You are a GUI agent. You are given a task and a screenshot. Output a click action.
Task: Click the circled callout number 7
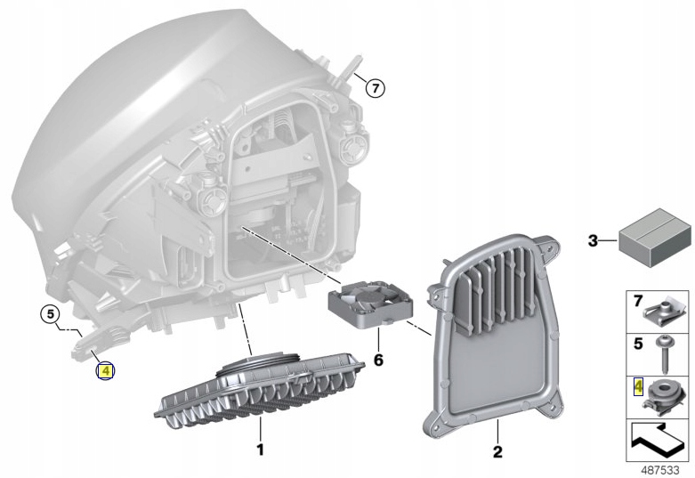point(375,87)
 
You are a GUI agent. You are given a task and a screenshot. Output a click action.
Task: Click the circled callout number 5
point(50,313)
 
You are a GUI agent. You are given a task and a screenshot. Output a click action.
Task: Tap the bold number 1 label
point(260,450)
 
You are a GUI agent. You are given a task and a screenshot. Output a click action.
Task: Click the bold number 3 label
point(594,239)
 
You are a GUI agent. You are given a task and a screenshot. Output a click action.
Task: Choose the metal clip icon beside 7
point(663,312)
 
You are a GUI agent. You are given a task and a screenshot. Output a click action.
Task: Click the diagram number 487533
point(659,467)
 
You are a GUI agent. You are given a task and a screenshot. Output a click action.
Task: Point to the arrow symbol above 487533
point(658,438)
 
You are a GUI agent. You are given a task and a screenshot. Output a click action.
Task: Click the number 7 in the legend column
point(637,303)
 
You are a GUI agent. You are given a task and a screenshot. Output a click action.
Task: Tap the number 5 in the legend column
point(637,343)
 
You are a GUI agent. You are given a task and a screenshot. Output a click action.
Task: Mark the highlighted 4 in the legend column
point(637,385)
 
